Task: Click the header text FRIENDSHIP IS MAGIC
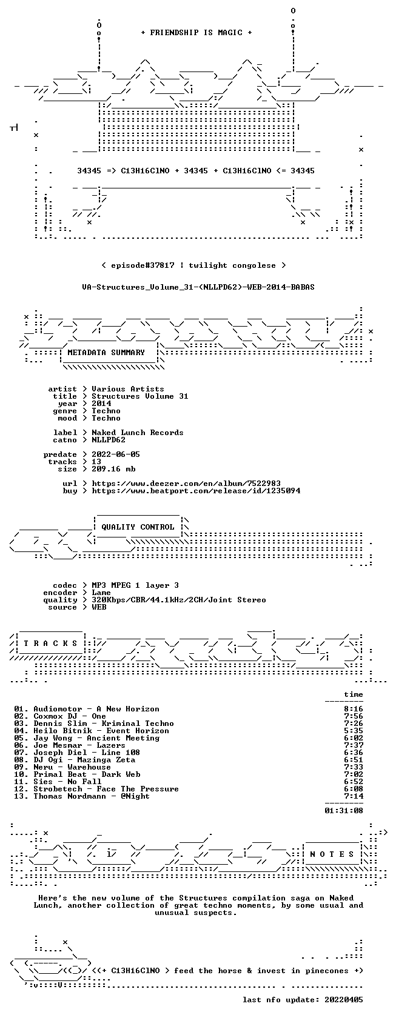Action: [x=196, y=33]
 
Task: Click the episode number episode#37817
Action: [x=143, y=265]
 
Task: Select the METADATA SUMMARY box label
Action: [x=106, y=353]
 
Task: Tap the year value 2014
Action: [x=101, y=404]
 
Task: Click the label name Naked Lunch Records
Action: [x=137, y=433]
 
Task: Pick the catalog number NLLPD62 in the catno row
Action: [x=109, y=440]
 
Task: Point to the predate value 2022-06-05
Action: [x=116, y=454]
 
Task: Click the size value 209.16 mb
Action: [x=114, y=469]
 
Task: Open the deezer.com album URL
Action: [x=186, y=484]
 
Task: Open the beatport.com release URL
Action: [x=196, y=491]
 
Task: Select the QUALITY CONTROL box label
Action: [x=138, y=527]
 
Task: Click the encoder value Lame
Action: [x=101, y=593]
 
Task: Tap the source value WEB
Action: [x=99, y=607]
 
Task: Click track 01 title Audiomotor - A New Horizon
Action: [x=96, y=709]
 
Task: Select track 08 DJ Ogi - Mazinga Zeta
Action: [x=84, y=760]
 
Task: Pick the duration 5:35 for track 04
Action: [x=354, y=731]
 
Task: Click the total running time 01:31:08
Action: [x=344, y=811]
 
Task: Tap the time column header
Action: [x=354, y=694]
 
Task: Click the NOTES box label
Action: [x=332, y=854]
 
